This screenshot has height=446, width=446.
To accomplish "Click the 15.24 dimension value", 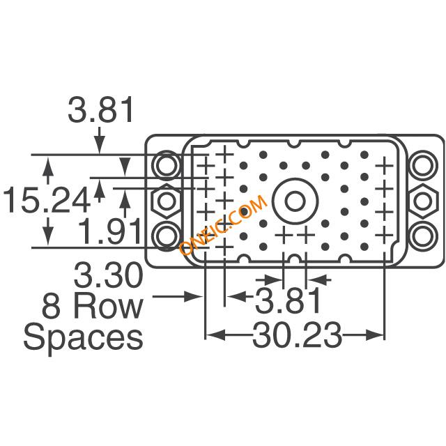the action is (47, 200).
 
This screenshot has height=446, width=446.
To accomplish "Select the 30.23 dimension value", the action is (297, 334).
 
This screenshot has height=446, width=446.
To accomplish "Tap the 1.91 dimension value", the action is (109, 231).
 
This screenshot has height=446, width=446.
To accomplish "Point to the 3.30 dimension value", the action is (108, 275).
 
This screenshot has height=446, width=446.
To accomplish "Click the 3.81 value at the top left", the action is (100, 110).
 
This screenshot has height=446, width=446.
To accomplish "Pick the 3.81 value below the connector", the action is (288, 300).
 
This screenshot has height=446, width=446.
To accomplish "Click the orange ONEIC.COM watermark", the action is (223, 224).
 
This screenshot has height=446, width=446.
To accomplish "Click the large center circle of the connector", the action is (295, 201).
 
